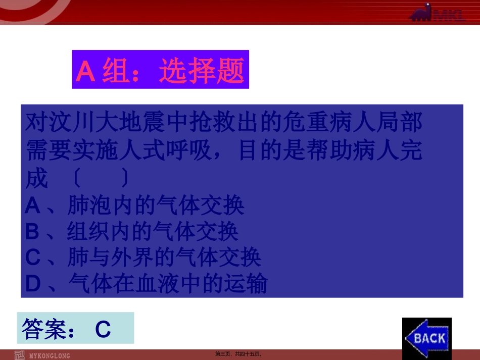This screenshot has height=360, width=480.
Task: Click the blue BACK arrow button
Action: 427,337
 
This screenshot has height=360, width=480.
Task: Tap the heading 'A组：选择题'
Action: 160,70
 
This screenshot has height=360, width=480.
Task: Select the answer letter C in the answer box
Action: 103,330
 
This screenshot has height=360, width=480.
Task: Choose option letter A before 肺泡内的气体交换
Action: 32,205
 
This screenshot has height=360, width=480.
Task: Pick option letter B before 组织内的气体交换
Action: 32,232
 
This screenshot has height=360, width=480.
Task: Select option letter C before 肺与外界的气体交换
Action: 32,258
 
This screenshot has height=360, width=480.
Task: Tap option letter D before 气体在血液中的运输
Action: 33,284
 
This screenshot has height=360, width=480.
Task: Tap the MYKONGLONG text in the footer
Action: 50,355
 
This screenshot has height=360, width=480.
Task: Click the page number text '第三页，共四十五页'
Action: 239,354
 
